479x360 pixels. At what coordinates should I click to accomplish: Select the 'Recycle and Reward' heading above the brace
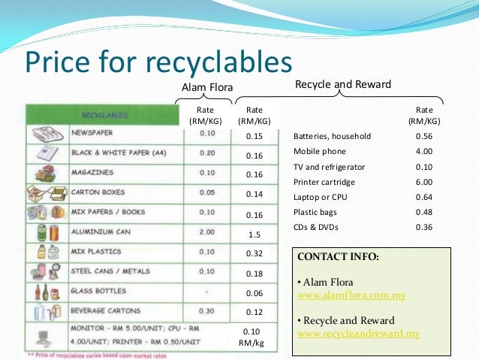coord(344,84)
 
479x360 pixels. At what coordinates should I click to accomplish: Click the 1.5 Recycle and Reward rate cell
coord(255,234)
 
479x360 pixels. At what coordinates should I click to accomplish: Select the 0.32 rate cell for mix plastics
coord(255,254)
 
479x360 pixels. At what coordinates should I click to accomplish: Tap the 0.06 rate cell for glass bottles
coord(255,293)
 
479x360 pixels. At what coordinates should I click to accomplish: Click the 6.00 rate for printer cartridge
coord(424,182)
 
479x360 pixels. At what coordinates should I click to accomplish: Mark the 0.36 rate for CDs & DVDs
coord(424,227)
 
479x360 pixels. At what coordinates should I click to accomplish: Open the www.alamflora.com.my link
coord(352,295)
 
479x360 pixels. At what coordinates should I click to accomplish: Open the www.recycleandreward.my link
coord(359,333)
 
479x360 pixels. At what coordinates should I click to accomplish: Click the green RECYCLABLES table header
coord(105,115)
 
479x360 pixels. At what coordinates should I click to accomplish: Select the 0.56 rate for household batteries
coord(424,136)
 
